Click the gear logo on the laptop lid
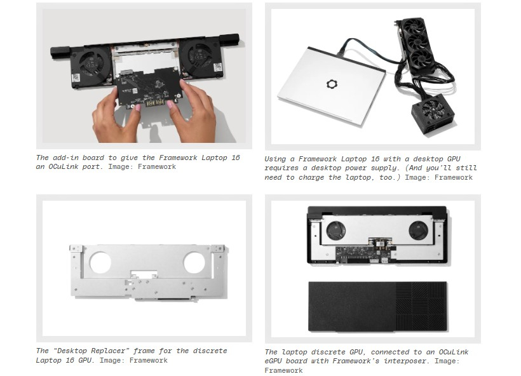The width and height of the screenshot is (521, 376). pos(330,84)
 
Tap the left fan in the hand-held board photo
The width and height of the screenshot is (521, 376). pos(91,64)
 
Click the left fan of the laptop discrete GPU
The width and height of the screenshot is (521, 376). pos(336,231)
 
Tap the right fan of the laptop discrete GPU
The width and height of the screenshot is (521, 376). pos(418,231)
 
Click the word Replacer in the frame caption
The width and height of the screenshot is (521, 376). pos(110,351)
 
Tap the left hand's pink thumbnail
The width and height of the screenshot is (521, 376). pos(137,107)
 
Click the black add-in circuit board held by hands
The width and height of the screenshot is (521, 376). pos(149,87)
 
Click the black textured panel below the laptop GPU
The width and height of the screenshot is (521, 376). pos(378,307)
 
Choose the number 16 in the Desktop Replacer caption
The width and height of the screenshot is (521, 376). pos(70,360)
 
